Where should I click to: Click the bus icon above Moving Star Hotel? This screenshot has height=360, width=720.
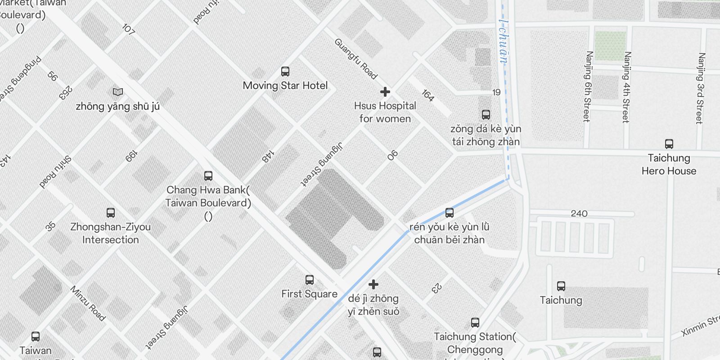285,72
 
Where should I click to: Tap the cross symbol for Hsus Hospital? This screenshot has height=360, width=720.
385,92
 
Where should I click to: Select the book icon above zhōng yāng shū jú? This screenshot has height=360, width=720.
118,92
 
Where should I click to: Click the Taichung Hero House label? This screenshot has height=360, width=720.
669,164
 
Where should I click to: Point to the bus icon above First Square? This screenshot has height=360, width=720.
310,280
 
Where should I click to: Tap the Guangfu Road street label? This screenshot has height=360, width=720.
355,59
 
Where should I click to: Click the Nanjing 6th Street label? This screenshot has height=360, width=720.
588,86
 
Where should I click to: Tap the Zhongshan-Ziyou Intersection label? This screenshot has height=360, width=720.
110,233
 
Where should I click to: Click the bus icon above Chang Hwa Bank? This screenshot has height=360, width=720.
208,176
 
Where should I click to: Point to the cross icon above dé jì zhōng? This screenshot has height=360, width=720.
373,284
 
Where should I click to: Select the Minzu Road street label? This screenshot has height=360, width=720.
88,303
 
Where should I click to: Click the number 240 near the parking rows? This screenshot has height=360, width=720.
579,213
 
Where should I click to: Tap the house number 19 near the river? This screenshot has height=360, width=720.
496,92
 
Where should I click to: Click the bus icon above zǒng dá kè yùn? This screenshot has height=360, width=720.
486,115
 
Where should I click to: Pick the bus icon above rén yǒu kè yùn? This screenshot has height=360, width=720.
450,213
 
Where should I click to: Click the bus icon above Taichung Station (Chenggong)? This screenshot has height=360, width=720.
475,323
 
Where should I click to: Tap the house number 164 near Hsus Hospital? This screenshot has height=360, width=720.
428,95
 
